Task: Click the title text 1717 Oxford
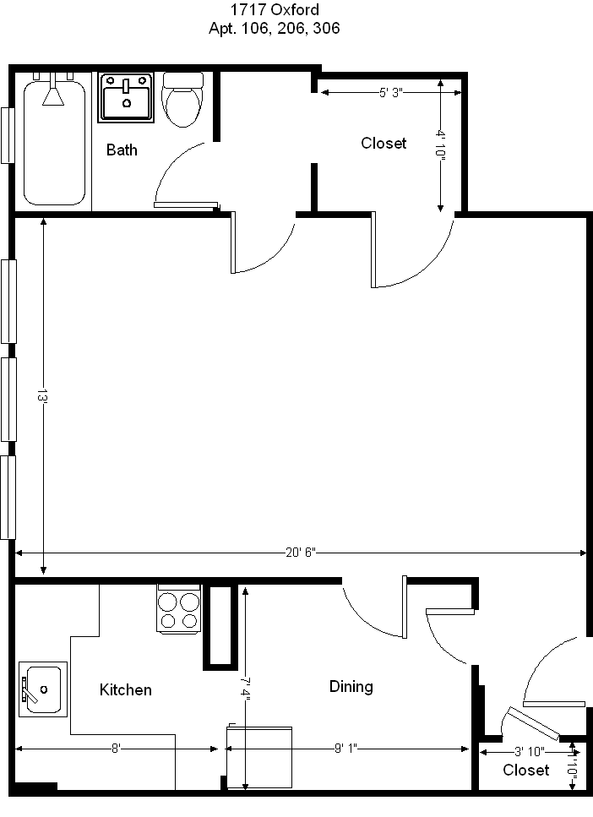coord(275,11)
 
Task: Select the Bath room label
coord(122,150)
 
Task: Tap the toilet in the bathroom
coord(183,98)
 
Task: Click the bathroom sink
coord(127,97)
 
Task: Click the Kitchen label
coord(126,690)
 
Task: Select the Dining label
coord(351,687)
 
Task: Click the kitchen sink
coord(42,689)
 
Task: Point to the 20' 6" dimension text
coord(299,553)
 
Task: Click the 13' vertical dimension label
coord(41,396)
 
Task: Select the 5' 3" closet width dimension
coord(389,93)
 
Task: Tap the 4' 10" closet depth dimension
coord(440,144)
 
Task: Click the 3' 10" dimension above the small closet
coord(530,750)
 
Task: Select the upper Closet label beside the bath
coord(384,144)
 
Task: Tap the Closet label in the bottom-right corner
coord(525,771)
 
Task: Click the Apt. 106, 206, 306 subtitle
coord(275,29)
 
